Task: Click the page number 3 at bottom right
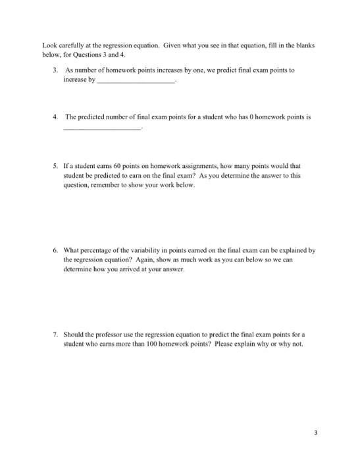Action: tap(316, 433)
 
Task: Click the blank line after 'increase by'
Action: tap(137, 80)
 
